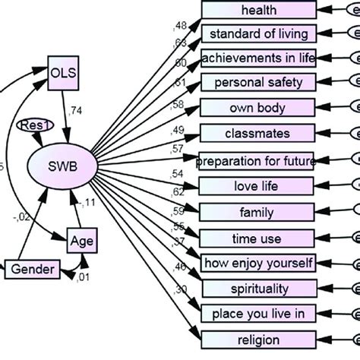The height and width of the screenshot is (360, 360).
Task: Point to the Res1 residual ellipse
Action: point(32,126)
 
